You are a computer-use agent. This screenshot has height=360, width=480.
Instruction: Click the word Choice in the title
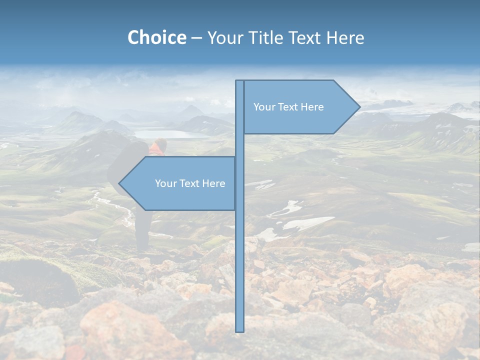coord(156,37)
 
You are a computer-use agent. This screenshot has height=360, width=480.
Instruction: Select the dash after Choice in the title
coord(196,38)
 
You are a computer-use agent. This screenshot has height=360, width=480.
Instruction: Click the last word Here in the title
coord(345,37)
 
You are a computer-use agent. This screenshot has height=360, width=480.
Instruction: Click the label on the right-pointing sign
coord(288,107)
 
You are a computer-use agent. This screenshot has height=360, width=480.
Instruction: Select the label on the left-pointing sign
coord(190,183)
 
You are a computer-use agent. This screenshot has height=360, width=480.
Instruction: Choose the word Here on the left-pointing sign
coord(213,183)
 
